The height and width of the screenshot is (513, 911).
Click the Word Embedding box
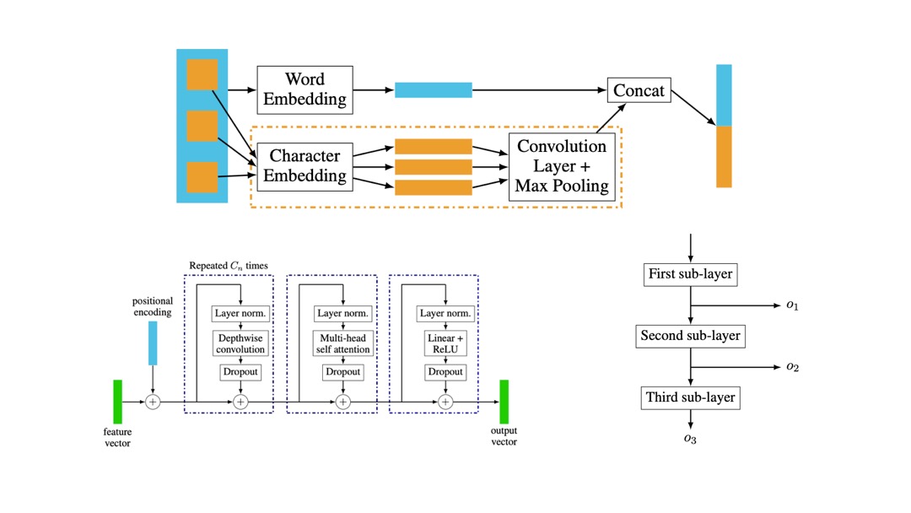point(304,89)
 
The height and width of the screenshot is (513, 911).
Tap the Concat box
point(639,89)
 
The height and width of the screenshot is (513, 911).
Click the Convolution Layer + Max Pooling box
point(561,166)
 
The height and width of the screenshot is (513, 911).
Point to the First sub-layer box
point(690,273)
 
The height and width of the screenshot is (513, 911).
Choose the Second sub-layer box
point(690,336)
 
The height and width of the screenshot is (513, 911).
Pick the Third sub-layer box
point(690,397)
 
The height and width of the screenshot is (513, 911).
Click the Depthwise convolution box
point(240,343)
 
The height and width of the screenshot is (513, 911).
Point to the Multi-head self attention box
point(342,343)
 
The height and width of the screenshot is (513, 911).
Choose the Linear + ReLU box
point(445,343)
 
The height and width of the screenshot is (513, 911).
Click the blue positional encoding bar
point(153,343)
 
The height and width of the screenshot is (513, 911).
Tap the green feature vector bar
point(117,402)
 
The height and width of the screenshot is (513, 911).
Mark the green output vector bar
point(504,402)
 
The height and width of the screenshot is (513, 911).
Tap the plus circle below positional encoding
point(153,402)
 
